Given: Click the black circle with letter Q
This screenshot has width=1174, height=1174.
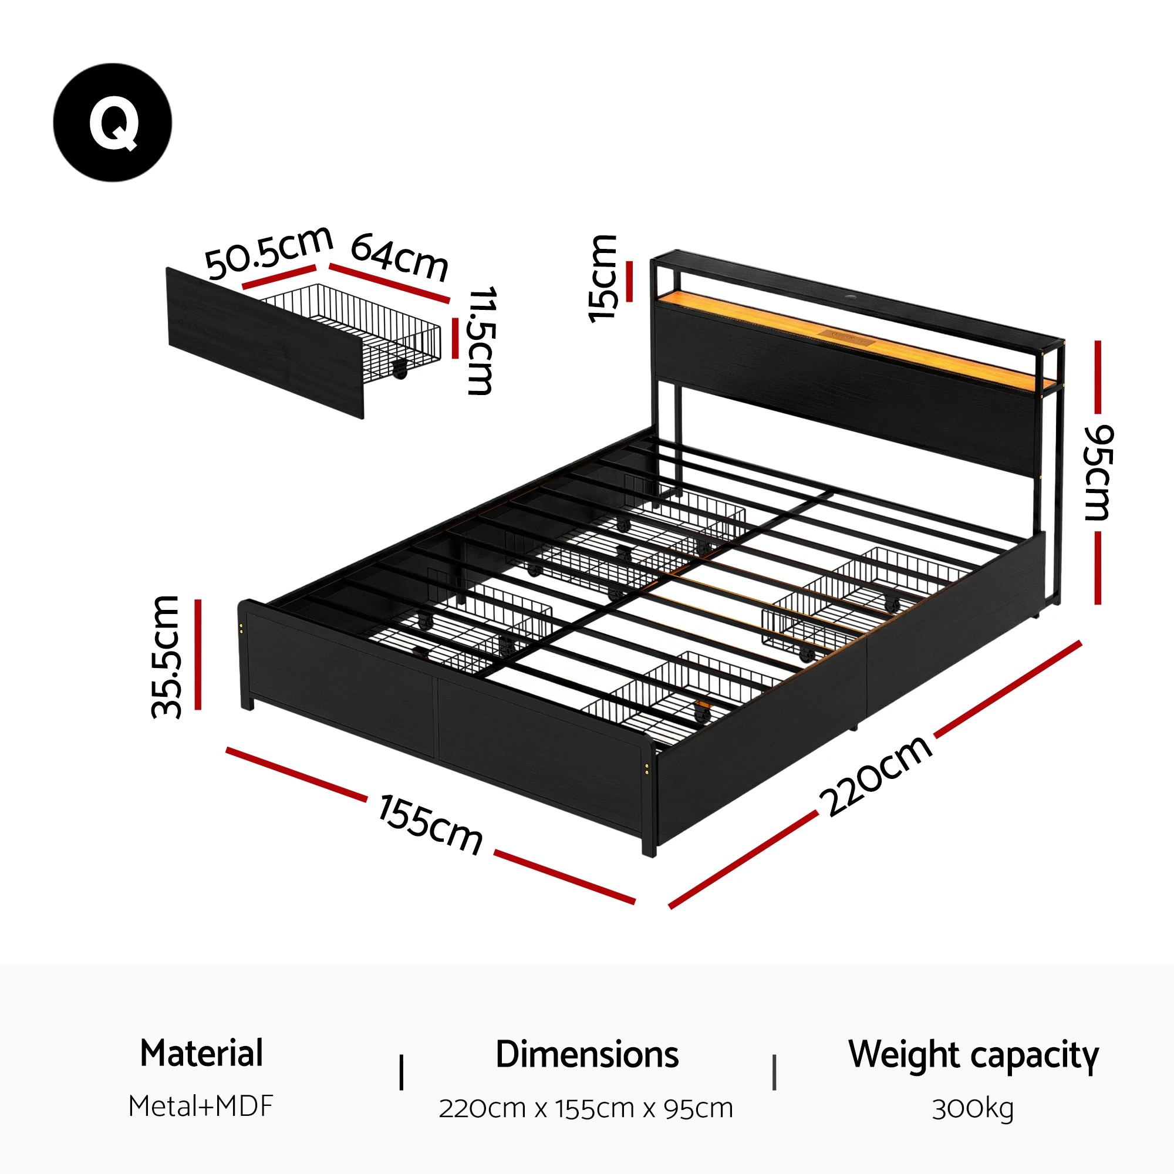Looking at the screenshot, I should click(113, 122).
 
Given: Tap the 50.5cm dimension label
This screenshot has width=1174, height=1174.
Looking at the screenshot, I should click(268, 252).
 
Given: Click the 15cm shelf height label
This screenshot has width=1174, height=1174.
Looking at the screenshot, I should click(603, 278).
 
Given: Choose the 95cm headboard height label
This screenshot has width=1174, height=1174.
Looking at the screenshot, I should click(1099, 472).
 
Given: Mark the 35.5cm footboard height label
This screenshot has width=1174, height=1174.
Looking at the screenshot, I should click(166, 656).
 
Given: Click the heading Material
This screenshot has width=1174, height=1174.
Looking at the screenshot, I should click(201, 1054).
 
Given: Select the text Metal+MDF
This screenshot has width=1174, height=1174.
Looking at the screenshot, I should click(201, 1106).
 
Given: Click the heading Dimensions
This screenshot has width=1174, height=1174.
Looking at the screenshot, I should click(586, 1055).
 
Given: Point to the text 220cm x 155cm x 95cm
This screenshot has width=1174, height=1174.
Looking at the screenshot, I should click(586, 1108).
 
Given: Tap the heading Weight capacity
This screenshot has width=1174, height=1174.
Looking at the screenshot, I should click(973, 1055).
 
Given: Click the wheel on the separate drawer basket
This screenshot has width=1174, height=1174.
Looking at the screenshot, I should click(400, 369).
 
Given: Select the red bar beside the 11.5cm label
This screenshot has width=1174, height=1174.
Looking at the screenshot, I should click(455, 338).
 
